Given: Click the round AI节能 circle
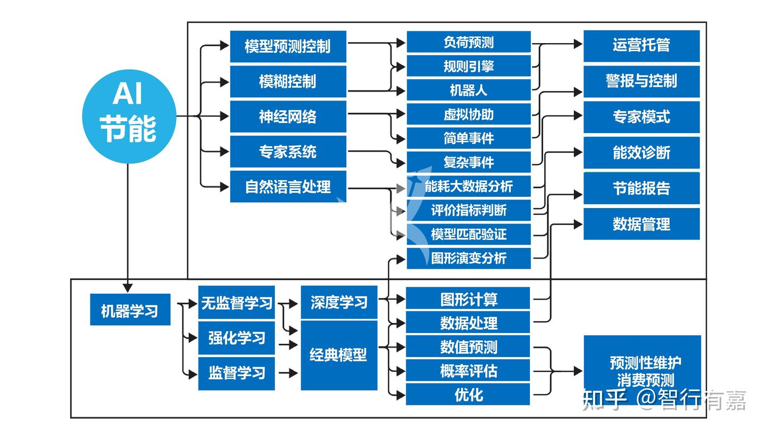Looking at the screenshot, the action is coord(129,117).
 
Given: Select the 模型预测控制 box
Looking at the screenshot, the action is coord(288,46).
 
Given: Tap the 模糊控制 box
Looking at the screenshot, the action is coord(288,81).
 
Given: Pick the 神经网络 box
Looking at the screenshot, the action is coord(288,117).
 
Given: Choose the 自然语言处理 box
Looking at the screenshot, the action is coord(288,187).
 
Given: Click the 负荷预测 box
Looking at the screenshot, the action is coord(469,42).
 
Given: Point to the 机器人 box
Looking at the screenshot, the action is coord(469,90).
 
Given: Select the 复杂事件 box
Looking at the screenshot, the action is coord(469,162).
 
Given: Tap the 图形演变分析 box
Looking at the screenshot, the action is coord(469,258).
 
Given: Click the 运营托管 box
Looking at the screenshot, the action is coord(642,46).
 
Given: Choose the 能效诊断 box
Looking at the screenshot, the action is coord(642,153).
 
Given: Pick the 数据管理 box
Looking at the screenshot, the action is coord(642,224).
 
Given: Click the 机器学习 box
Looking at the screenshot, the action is coord(130,310).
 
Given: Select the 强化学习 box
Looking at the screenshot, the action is coord(237,338).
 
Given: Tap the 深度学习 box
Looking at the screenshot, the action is coord(339,302).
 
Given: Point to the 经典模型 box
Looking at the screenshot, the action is coord(339,355).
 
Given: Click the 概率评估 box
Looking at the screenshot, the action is coord(468,371).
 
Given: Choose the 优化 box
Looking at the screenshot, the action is coord(468,394).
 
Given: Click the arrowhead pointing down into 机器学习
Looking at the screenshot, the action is coord(128,288).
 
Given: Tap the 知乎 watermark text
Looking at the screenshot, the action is coord(605,400).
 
